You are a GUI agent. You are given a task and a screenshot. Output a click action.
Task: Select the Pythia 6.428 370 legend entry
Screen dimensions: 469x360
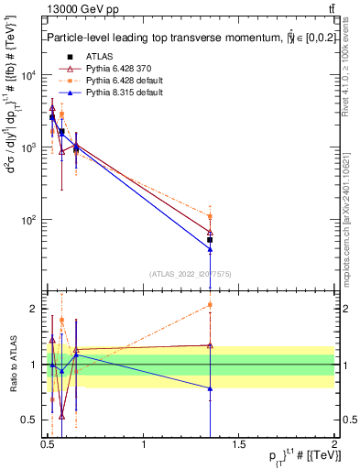coord(108,69)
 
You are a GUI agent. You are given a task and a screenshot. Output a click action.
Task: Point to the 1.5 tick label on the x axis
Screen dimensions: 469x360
coord(239,444)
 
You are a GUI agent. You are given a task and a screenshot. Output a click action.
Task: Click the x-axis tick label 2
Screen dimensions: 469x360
coord(334,444)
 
